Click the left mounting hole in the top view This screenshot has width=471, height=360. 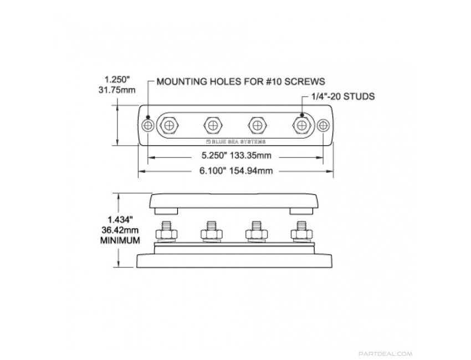coord(148,125)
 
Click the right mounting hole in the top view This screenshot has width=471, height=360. coord(323,125)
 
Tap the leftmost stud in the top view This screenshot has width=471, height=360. coord(170,125)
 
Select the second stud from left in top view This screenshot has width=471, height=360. coord(213,125)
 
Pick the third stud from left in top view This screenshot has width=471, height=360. coord(258,125)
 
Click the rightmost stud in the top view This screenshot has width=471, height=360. coord(301,125)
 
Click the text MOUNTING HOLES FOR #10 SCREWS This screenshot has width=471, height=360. coord(241,81)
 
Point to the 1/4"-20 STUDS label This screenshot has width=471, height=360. coord(343,96)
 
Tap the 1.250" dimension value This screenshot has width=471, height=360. coord(117,80)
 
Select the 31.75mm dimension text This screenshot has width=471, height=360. coord(117,90)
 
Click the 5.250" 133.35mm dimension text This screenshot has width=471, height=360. coord(236,156)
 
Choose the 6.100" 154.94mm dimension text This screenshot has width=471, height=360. coord(236,171)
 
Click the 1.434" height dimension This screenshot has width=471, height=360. coord(120,219)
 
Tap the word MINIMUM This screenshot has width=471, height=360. coord(120,240)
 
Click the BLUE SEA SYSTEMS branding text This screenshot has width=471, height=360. coord(236,141)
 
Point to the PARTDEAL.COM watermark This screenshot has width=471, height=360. coord(386,354)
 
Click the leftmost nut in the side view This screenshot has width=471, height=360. coord(166,234)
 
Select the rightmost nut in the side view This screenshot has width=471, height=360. coord(301,234)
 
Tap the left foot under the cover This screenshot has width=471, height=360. coord(166,212)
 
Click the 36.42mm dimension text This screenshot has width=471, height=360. coord(120,230)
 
